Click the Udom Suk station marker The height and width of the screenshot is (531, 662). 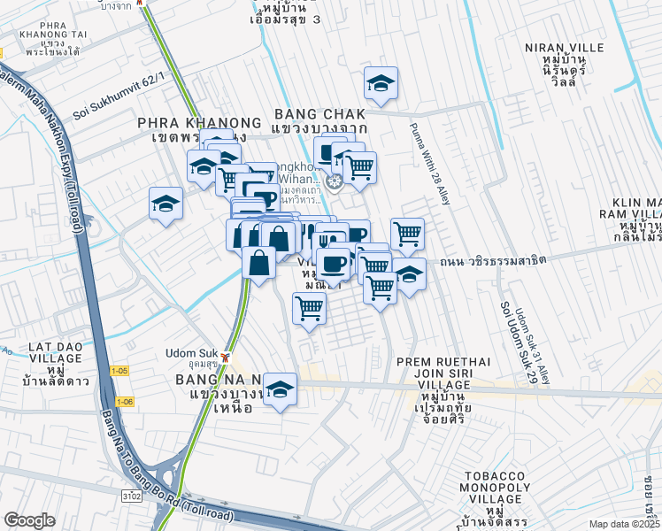tap(227, 358)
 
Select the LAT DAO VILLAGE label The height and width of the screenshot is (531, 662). tap(42, 359)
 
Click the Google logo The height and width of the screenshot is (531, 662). tap(29, 520)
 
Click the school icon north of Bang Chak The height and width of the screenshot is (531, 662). tap(381, 83)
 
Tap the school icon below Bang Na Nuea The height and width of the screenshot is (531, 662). tap(280, 389)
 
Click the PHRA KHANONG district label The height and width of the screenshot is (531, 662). tap(199, 123)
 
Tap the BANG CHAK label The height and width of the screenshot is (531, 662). tap(319, 115)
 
